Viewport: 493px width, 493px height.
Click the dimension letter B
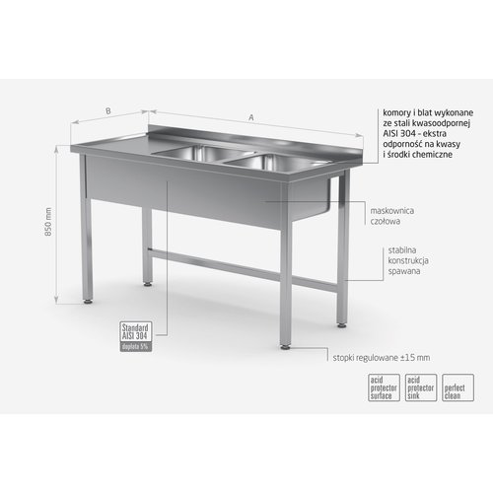tap(106, 111)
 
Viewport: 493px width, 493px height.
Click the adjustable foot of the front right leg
tap(286, 345)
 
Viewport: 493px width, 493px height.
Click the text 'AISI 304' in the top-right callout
tap(396, 134)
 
